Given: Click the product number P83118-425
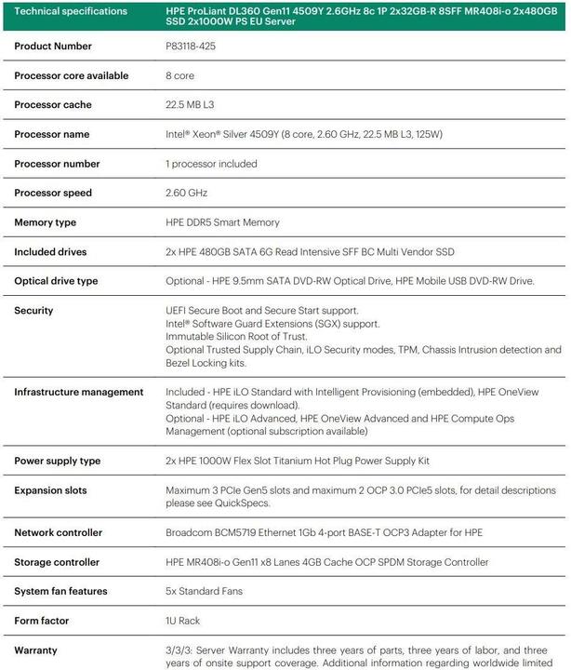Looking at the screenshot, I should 190,46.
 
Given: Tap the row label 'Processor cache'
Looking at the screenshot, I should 52,105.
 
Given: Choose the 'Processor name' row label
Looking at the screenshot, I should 51,134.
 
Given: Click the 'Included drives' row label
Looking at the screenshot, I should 51,251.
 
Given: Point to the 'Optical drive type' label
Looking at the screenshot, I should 56,281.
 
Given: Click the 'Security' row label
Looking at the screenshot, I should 33,311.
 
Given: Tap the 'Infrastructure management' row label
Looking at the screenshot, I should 78,392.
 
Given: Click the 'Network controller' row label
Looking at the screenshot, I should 58,533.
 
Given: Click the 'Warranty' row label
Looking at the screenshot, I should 37,650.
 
